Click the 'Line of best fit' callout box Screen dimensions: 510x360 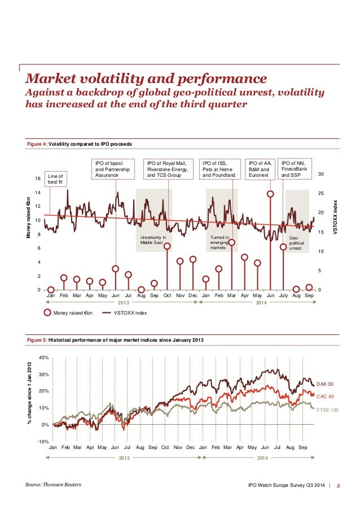point(55,179)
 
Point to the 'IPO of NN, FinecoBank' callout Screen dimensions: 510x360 point(295,169)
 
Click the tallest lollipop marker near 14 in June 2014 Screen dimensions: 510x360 point(270,194)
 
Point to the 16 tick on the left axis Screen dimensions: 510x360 point(37,178)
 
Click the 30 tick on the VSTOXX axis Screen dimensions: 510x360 point(321,174)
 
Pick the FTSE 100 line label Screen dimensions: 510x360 point(328,410)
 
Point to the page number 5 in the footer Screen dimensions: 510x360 point(338,485)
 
